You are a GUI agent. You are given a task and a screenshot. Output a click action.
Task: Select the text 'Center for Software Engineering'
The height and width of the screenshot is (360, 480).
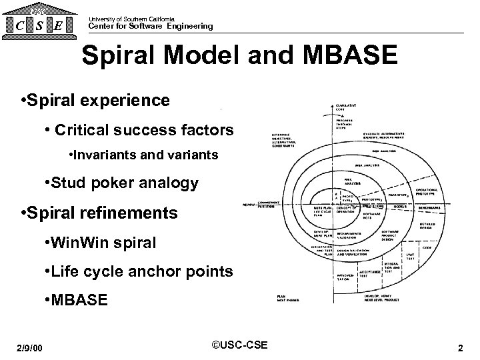coord(151,26)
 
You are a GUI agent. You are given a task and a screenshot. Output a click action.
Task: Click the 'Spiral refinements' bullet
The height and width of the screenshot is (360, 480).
coord(100,213)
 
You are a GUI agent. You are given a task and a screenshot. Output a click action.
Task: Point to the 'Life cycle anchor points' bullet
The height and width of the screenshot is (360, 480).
coord(137,271)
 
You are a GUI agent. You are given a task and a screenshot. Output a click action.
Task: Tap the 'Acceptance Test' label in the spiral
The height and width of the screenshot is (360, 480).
coord(371,273)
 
